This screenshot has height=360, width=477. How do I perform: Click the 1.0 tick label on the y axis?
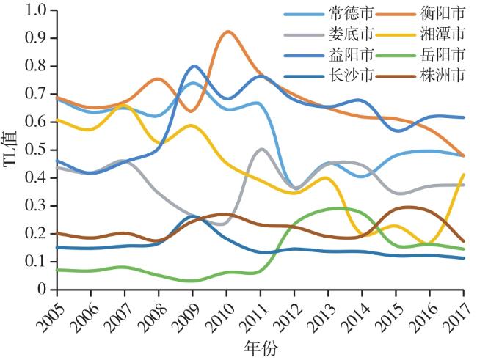(36, 10)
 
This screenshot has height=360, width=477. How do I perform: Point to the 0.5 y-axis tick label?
(36, 150)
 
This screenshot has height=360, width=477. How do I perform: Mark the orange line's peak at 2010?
(227, 32)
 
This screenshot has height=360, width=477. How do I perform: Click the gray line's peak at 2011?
(262, 149)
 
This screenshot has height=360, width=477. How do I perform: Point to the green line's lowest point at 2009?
(192, 281)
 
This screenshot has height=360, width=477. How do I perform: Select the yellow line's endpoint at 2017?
(465, 175)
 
